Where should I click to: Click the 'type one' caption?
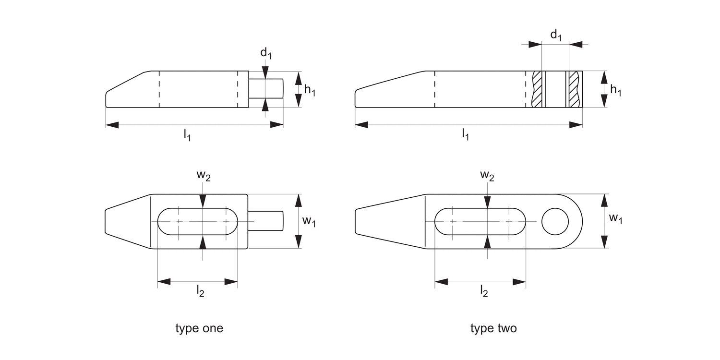199,329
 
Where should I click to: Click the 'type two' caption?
493,329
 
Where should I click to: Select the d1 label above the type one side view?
266,53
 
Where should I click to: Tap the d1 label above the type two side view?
556,35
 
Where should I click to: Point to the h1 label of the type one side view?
310,89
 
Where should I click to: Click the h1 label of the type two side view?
615,89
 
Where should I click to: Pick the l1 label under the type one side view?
187,135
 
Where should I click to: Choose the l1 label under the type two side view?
466,134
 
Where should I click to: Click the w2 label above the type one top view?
203,176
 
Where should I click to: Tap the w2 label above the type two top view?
487,176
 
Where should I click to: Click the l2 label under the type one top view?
201,291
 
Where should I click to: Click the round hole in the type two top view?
555,221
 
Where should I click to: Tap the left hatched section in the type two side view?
538,89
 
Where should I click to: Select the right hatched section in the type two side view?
574,89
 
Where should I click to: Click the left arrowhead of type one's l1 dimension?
112,125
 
